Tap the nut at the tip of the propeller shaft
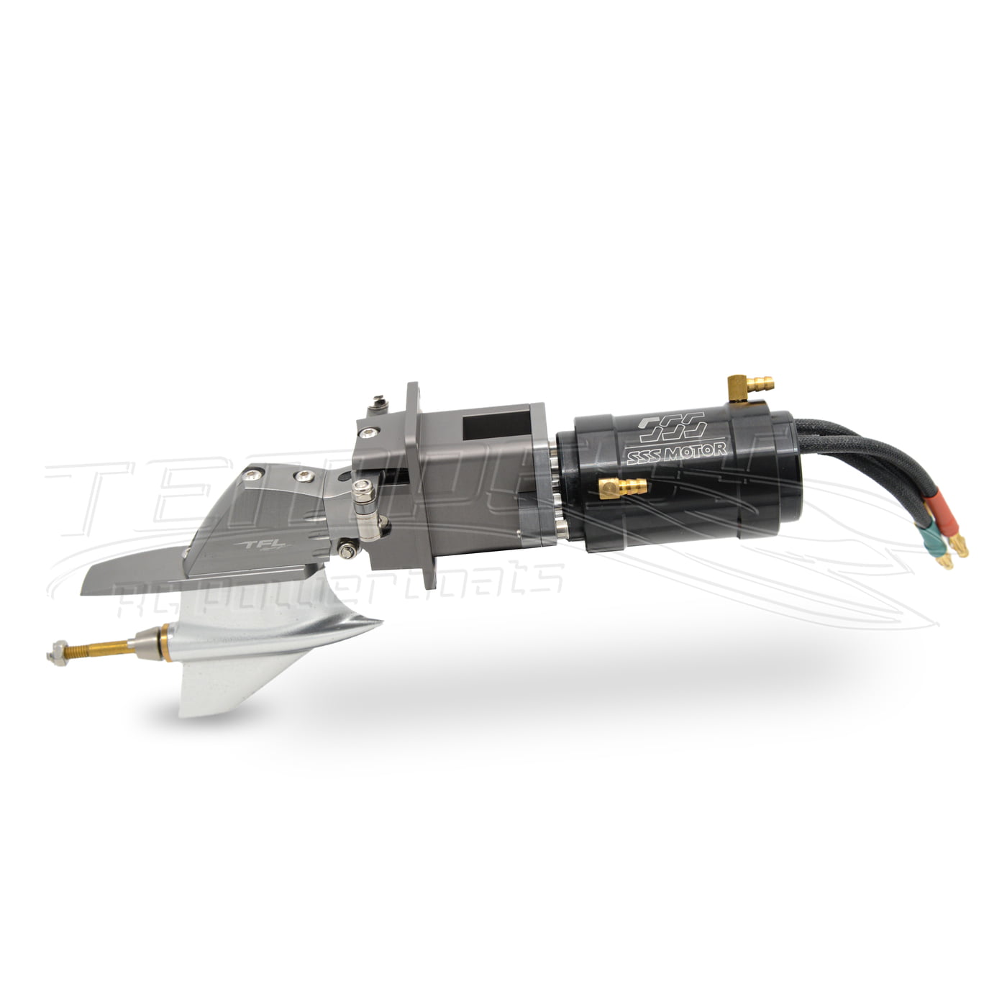tap(55, 652)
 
